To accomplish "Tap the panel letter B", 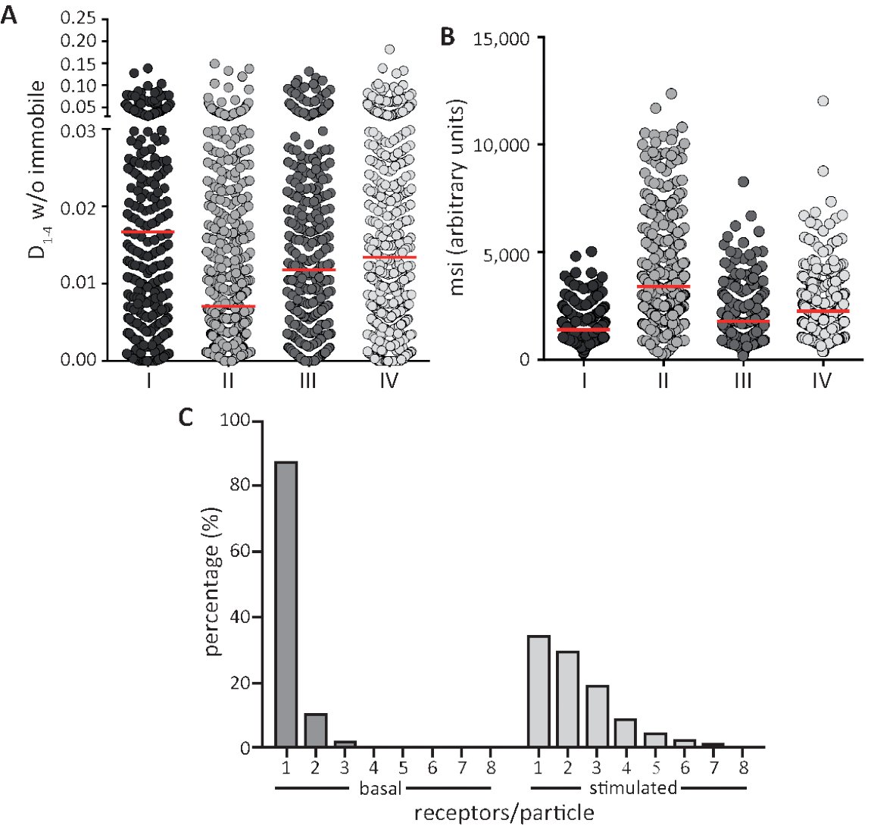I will [447, 36].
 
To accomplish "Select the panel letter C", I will [186, 418].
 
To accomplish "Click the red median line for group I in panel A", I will [148, 231].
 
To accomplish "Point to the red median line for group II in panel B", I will [663, 286].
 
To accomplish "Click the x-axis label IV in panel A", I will [389, 380].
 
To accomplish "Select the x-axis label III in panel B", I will [742, 380].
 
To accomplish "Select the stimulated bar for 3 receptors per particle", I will [597, 716].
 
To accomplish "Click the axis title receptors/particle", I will [504, 814].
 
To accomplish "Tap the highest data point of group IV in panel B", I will [823, 101].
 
